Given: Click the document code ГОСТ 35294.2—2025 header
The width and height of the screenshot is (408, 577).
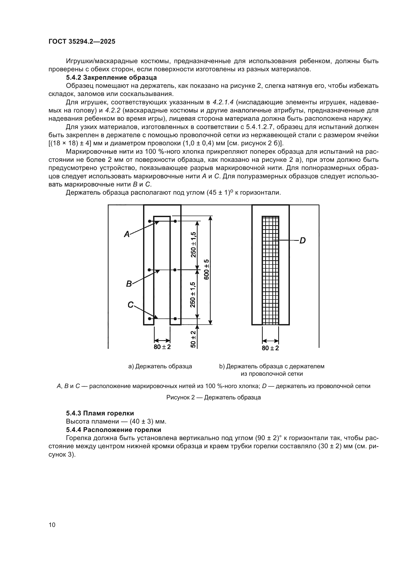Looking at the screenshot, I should (82, 41).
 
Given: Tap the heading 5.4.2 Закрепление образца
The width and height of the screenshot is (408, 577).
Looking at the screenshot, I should (111, 77).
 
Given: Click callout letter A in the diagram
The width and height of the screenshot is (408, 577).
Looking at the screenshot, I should (127, 234).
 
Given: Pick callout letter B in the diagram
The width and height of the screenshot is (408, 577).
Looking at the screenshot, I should (129, 284).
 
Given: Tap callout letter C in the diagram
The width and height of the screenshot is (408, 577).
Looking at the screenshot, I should (130, 305).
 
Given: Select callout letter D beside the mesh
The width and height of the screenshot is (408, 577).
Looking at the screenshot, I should (302, 241).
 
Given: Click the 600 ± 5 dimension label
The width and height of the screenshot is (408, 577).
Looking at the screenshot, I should (206, 269).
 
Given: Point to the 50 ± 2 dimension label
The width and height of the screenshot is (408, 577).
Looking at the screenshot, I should (193, 339).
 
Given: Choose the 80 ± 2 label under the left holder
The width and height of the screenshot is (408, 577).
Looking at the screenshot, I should (162, 347).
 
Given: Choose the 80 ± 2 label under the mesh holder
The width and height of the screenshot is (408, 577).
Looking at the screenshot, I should (270, 348).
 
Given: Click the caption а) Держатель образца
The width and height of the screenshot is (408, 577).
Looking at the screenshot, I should (160, 366).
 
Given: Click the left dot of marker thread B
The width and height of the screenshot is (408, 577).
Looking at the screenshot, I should (149, 270).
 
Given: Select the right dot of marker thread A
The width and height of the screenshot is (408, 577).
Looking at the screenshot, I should (175, 221).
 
